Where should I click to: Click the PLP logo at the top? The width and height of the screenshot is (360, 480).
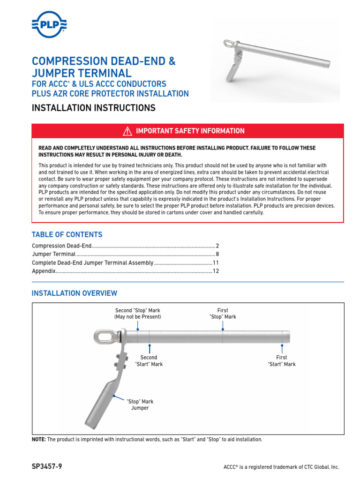click(x=48, y=23)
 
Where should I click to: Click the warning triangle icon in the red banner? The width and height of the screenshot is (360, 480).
click(x=128, y=131)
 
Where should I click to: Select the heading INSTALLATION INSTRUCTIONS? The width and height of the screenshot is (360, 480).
click(x=93, y=108)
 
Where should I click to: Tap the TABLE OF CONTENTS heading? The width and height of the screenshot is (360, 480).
click(x=67, y=234)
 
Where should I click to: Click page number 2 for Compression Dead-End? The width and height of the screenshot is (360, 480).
click(x=217, y=246)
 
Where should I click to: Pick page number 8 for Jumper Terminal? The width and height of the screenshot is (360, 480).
click(x=217, y=255)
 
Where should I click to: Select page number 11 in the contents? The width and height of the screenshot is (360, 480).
click(x=216, y=263)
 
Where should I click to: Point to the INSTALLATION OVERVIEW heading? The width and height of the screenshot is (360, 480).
click(x=74, y=293)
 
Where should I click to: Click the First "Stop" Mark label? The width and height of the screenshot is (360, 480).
click(x=223, y=314)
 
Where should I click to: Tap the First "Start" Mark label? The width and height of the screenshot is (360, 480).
click(x=282, y=360)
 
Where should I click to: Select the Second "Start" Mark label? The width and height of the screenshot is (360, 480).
click(x=149, y=360)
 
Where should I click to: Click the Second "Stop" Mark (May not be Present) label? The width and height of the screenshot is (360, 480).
click(x=137, y=314)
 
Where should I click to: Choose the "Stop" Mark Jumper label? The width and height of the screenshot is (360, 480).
click(x=140, y=405)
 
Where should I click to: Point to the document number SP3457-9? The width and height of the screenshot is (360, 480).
click(x=47, y=467)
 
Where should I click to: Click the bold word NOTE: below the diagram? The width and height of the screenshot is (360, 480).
click(x=39, y=440)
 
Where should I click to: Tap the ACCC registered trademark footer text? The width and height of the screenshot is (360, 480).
click(x=281, y=467)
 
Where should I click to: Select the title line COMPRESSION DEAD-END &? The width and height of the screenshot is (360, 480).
click(x=104, y=61)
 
